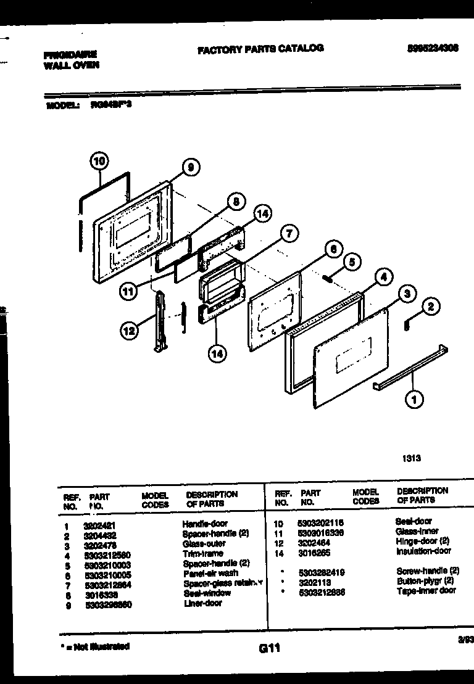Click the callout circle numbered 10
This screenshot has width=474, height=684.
pyautogui.click(x=99, y=162)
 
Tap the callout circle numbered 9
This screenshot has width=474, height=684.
pyautogui.click(x=191, y=167)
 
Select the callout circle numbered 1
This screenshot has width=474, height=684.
pyautogui.click(x=414, y=400)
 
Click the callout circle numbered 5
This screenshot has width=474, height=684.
pyautogui.click(x=351, y=262)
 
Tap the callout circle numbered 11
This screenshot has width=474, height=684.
pyautogui.click(x=127, y=293)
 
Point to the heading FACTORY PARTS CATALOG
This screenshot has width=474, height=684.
pyautogui.click(x=260, y=49)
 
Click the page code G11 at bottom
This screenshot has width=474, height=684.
pyautogui.click(x=269, y=648)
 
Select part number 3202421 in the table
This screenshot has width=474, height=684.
pyautogui.click(x=95, y=524)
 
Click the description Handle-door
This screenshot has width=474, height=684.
pyautogui.click(x=204, y=524)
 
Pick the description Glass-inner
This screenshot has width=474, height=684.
pyautogui.click(x=417, y=531)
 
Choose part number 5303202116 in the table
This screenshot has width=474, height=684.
pyautogui.click(x=321, y=522)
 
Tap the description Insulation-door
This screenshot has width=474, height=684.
pyautogui.click(x=423, y=551)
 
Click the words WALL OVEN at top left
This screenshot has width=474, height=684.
pyautogui.click(x=71, y=65)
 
